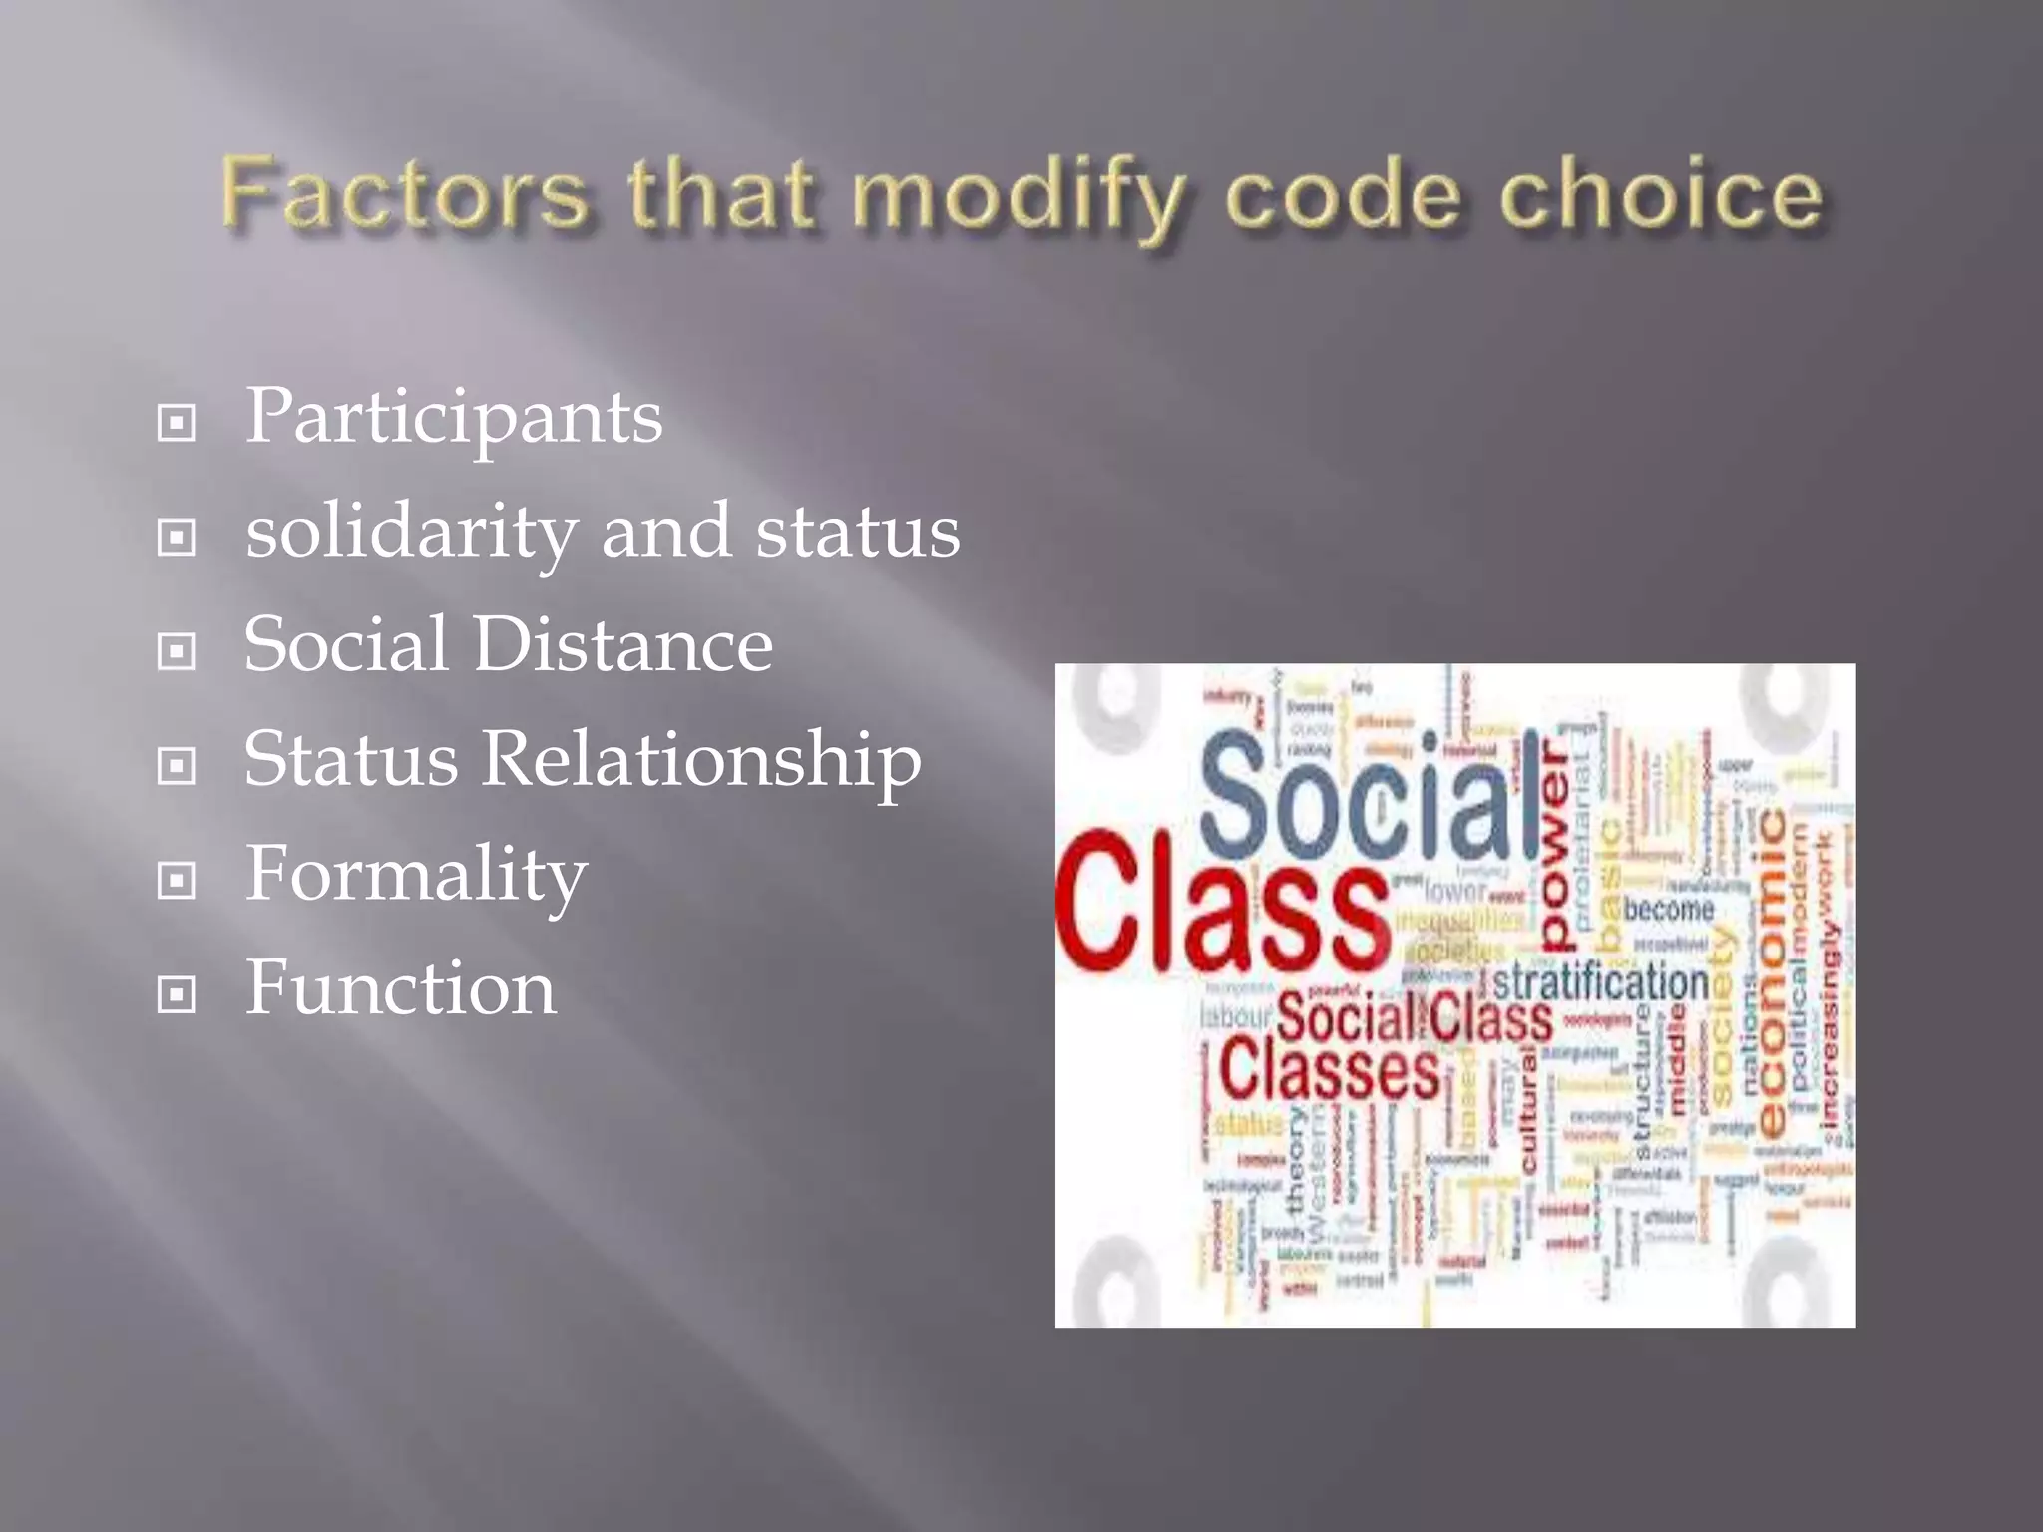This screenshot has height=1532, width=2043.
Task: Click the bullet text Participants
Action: pos(454,417)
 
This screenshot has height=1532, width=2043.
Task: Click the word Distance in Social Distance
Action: pos(622,645)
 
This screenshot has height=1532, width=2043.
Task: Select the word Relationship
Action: pos(701,760)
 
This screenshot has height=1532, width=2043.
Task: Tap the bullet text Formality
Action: pos(416,875)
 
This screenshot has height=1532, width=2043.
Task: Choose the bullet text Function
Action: pos(400,988)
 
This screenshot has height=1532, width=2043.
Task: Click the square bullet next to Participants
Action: pos(177,424)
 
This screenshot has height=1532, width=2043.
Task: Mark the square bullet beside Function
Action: pos(177,994)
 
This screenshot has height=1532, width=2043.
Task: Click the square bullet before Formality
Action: pos(177,881)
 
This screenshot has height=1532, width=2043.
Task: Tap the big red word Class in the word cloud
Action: pos(1222,903)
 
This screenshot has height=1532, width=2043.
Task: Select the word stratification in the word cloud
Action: pos(1600,982)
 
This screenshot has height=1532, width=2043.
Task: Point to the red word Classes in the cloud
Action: pos(1329,1069)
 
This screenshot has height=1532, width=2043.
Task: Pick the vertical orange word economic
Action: pos(1772,972)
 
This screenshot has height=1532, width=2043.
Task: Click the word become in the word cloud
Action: pos(1668,909)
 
